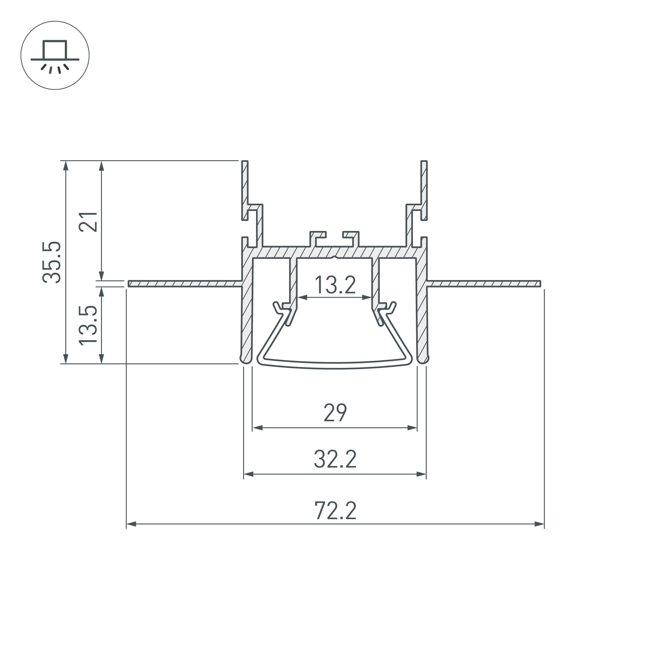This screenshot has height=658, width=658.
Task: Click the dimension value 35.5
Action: pos(52,262)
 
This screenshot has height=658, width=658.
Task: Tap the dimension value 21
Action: pos(88,222)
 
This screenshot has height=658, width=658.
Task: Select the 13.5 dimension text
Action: pos(88,325)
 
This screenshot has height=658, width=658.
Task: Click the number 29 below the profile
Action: pos(335,413)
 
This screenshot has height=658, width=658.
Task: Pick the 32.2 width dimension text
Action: pos(335,459)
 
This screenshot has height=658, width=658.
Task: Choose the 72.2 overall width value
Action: pos(335,510)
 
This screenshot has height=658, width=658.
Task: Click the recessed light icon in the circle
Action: pos(55,55)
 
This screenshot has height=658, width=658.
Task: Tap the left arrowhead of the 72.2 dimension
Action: pos(132,524)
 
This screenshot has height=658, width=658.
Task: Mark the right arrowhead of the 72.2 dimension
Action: pos(539,524)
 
